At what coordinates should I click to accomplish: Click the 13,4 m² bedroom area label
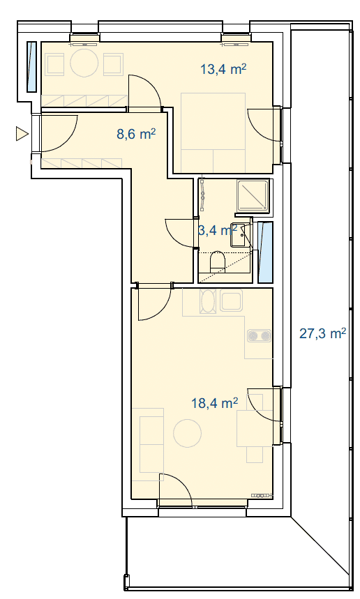point(223,69)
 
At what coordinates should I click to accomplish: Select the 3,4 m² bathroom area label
point(218,230)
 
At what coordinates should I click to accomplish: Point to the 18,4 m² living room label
point(215,402)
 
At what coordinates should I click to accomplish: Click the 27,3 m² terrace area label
point(323,333)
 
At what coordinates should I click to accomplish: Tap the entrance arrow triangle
point(22,134)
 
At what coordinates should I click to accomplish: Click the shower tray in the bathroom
point(253,195)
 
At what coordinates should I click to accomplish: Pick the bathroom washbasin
point(237,235)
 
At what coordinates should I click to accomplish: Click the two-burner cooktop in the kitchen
point(260,336)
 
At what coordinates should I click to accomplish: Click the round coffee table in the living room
point(187,433)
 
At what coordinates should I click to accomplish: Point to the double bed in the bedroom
point(213,132)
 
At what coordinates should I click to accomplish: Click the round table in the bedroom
point(84,63)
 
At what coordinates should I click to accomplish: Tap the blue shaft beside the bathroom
point(265,252)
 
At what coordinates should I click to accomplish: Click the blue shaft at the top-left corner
point(31,67)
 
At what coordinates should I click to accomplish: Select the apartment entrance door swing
point(59,133)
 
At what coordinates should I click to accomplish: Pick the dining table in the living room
point(250,428)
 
